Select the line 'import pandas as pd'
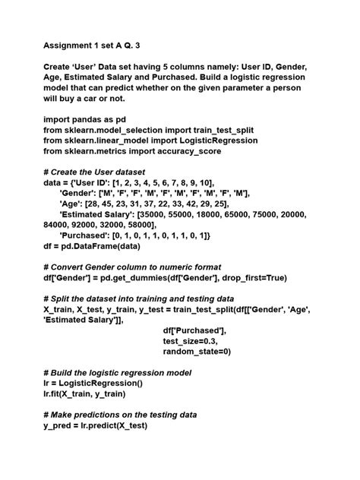pyautogui.click(x=84, y=119)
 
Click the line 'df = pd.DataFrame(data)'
pyautogui.click(x=92, y=247)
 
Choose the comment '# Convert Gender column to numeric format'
pyautogui.click(x=132, y=267)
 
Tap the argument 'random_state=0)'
pyautogui.click(x=197, y=352)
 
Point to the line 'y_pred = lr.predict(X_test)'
pyautogui.click(x=95, y=426)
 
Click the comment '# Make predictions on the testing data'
pyautogui.click(x=120, y=415)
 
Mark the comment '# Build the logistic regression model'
pyautogui.click(x=117, y=374)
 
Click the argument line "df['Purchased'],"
pyautogui.click(x=194, y=331)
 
